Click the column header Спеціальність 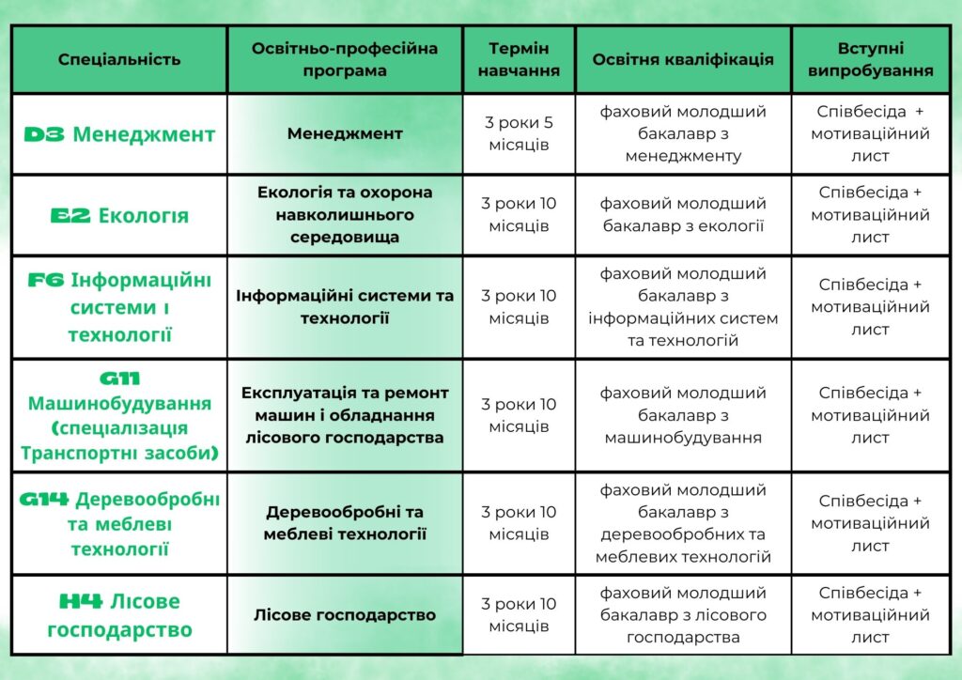point(119,59)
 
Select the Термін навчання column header point(519,59)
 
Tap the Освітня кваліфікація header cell point(683,59)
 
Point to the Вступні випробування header point(871,59)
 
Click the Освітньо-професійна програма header point(345,59)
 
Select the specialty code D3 point(44,134)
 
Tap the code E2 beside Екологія point(70,215)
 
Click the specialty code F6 point(46,280)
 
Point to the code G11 point(119,379)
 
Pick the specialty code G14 point(44,499)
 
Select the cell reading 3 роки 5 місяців point(519,133)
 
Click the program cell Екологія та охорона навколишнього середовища point(345,214)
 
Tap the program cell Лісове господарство point(345,615)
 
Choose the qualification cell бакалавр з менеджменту point(683,133)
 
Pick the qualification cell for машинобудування point(683,415)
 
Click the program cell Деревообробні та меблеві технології point(345,523)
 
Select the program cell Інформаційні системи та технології point(345,306)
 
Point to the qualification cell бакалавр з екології point(683,214)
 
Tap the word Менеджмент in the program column point(345,133)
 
